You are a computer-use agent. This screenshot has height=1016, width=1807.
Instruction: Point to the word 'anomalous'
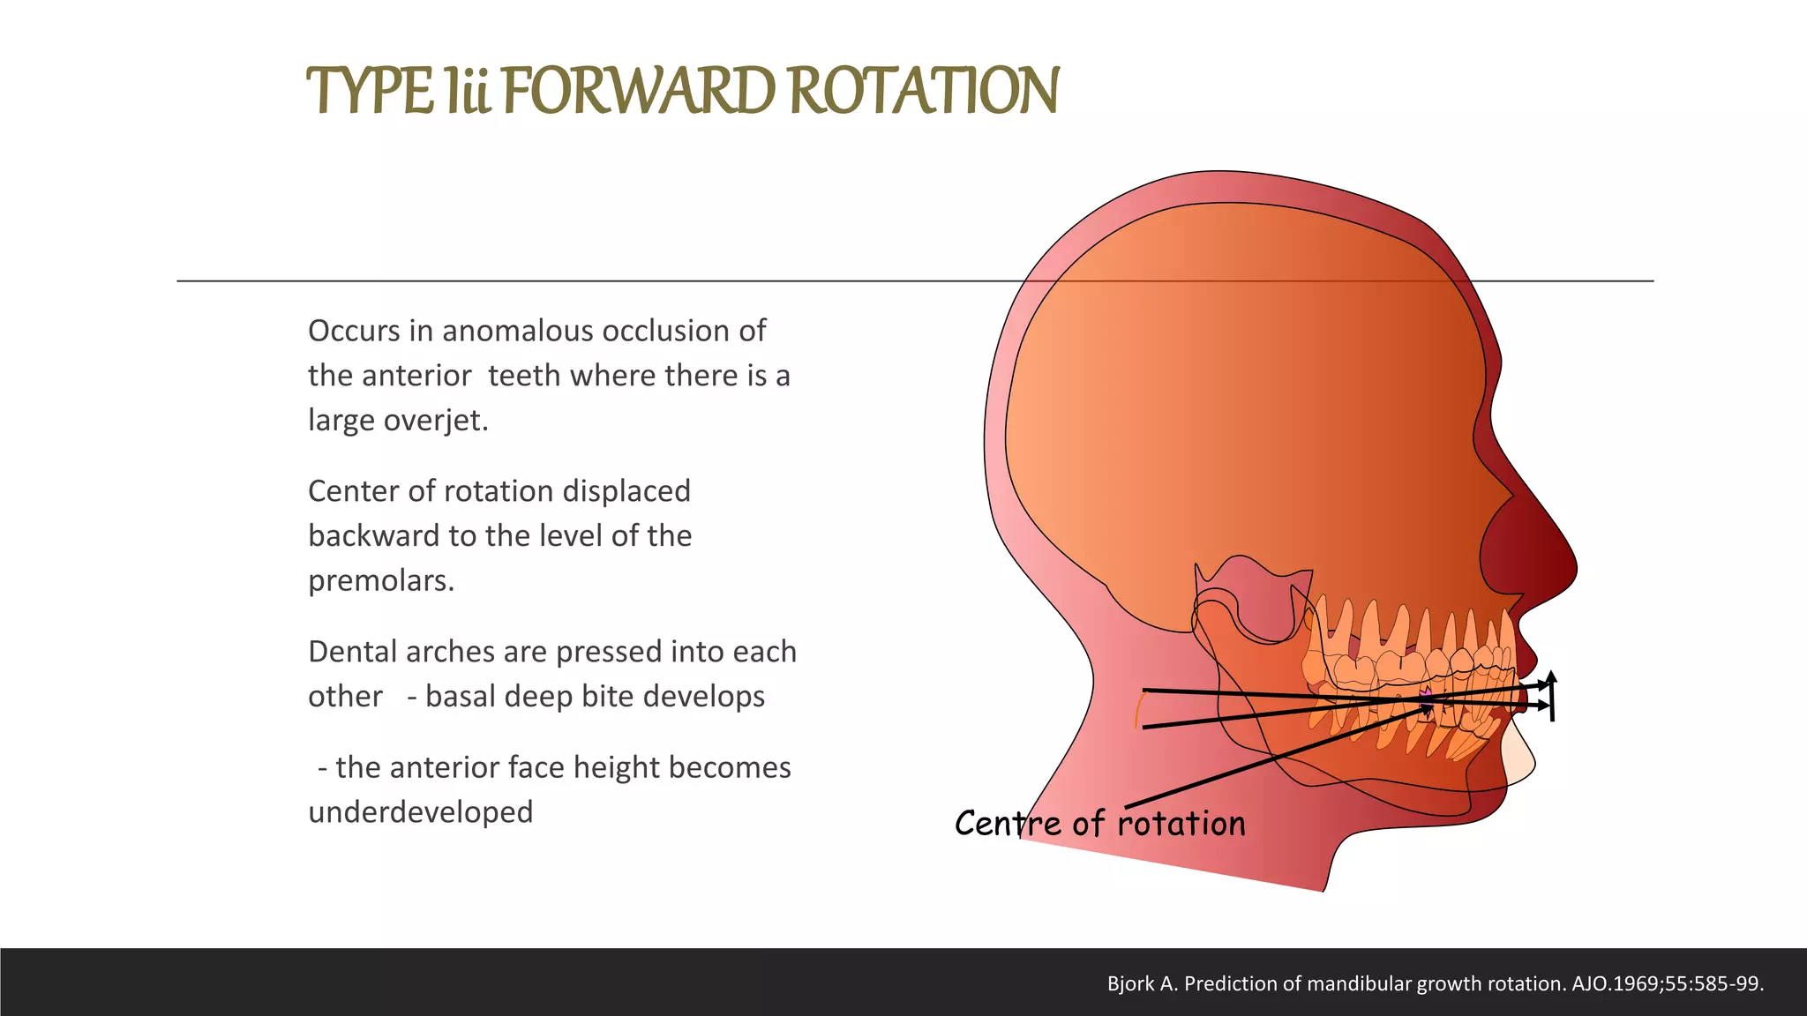click(x=517, y=331)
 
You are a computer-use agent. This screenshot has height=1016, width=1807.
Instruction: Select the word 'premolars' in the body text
click(x=379, y=581)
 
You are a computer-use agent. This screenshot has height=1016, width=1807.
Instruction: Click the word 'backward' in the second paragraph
click(x=375, y=536)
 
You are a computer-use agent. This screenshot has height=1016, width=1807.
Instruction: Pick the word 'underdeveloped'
click(x=420, y=812)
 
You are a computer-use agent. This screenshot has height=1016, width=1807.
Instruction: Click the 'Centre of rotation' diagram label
click(x=1099, y=824)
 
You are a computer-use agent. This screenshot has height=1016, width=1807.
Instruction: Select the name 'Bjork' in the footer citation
click(x=1130, y=983)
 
